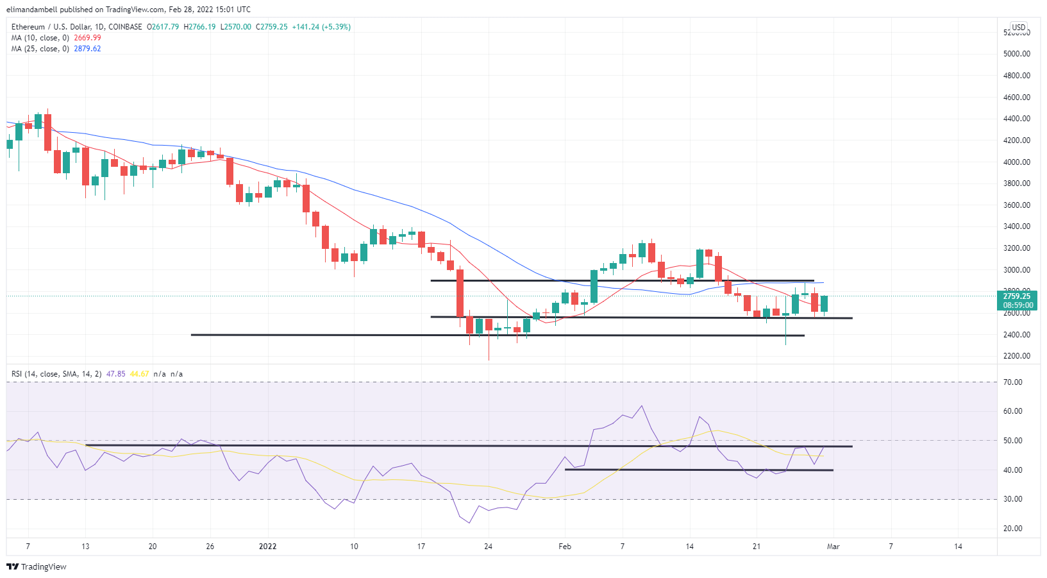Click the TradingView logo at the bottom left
coord(37,567)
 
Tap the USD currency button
coord(1019,28)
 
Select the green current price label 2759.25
coord(1017,296)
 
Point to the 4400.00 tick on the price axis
coord(1017,119)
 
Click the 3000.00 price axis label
coord(1017,270)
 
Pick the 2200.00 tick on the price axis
coord(1017,356)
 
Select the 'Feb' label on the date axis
coord(565,547)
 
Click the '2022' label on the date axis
coord(267,547)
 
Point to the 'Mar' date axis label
coord(833,547)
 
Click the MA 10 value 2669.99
coord(87,38)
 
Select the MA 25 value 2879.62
coord(87,49)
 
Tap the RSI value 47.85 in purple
coord(115,374)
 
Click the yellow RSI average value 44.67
coord(139,374)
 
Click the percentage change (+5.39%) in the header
coord(337,27)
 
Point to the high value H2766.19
coord(201,27)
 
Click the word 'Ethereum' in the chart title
coord(28,27)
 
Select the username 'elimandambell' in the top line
coord(31,10)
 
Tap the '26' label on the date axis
coord(210,547)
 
